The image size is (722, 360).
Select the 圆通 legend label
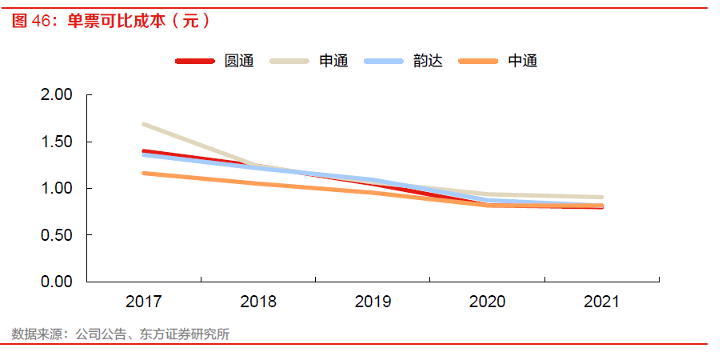tap(239, 61)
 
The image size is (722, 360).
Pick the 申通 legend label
tap(333, 61)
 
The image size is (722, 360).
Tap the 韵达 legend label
tap(428, 61)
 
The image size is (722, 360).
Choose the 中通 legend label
tap(522, 61)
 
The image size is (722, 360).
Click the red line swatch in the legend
tap(195, 61)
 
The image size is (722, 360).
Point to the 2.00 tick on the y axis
tap(56, 95)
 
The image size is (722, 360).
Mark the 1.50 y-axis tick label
tap(56, 142)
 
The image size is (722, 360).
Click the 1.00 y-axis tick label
tap(56, 189)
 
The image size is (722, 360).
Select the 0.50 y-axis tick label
tap(56, 235)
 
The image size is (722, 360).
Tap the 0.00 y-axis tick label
tap(56, 282)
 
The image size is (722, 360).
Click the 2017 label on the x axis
tap(144, 302)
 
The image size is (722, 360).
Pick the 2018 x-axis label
tap(258, 302)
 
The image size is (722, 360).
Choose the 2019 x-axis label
tap(373, 302)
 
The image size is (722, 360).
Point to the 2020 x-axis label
tap(487, 302)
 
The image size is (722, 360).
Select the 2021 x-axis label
tap(601, 302)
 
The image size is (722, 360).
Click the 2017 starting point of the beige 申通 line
tap(144, 125)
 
